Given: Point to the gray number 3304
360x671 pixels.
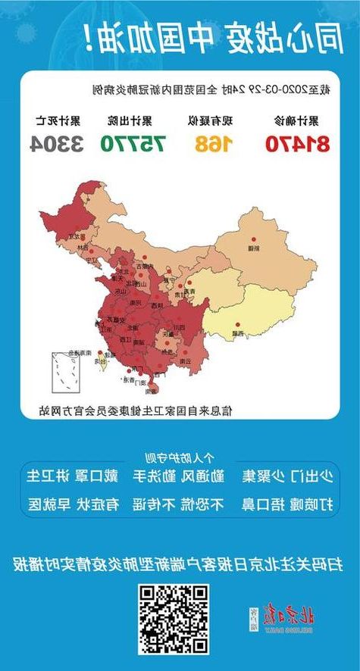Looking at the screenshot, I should pos(57,143).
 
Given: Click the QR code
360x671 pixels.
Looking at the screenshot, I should pos(173,620).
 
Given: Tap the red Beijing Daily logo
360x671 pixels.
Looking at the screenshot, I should pos(283,619).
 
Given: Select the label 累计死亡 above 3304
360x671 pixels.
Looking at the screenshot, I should pos(57,120).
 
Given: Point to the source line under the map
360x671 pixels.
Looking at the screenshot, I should pos(136,410).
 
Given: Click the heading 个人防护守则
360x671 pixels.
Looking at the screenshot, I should pos(179,457).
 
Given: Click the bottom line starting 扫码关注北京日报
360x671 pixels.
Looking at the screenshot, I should pos(179,563).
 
